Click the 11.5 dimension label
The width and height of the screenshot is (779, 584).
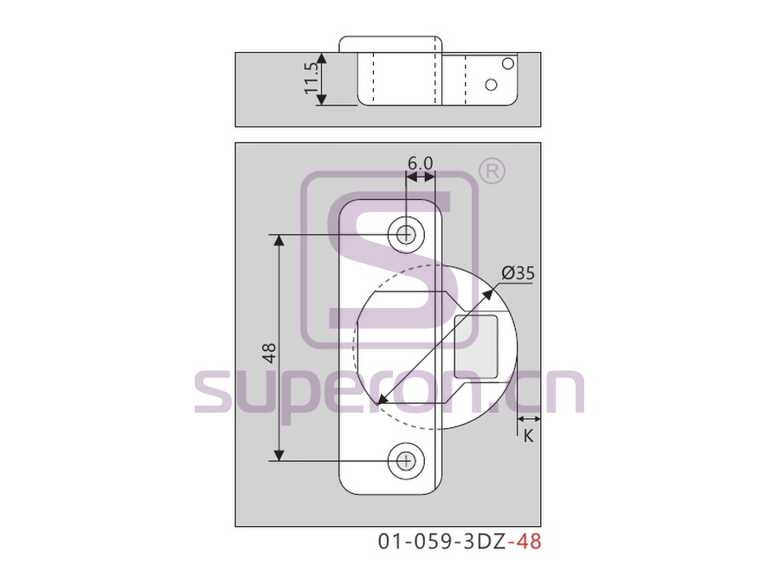(312, 79)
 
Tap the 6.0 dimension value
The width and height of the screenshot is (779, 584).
(421, 163)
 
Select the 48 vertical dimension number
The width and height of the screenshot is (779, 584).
(269, 352)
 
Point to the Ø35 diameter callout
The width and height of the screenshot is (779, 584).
(518, 273)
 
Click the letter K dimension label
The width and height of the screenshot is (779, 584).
(528, 435)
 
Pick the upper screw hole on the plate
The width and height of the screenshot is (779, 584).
(407, 234)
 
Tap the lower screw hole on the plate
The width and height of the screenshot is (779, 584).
(407, 461)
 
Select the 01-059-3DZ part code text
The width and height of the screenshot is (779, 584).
(442, 542)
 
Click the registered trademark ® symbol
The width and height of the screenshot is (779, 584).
(492, 172)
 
